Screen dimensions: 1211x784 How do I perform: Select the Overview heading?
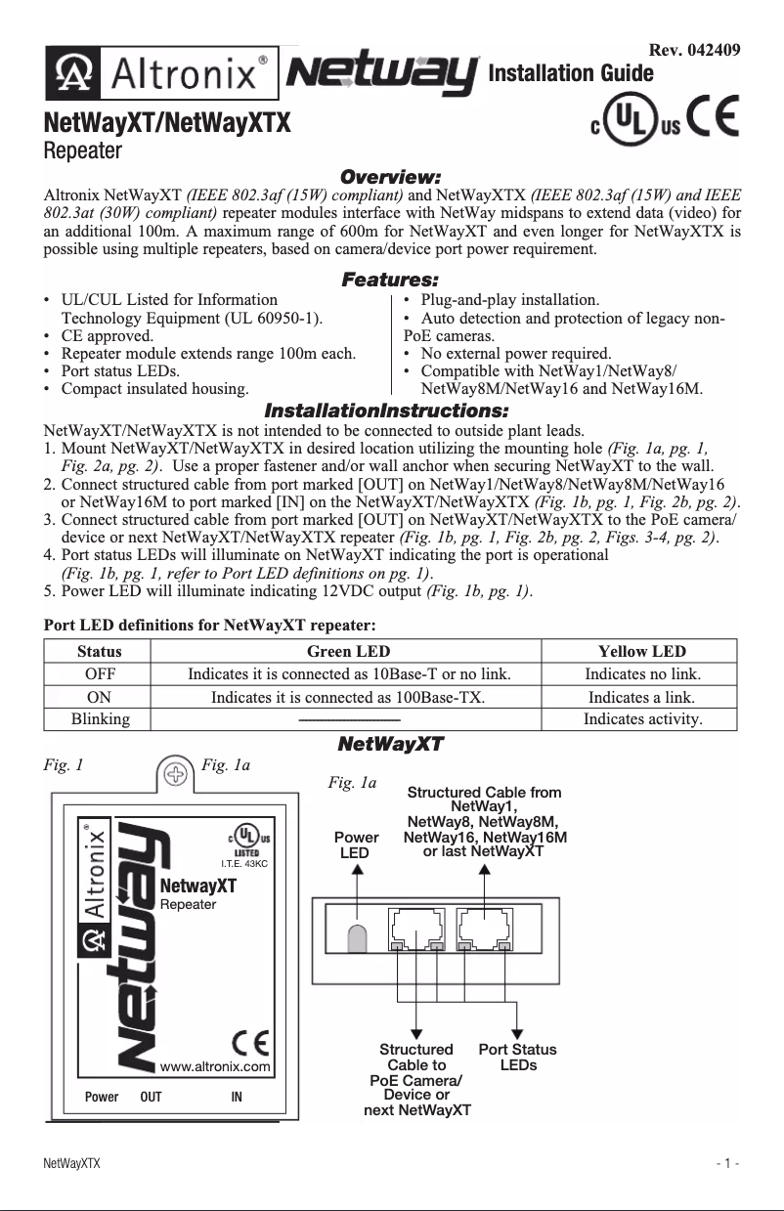[x=390, y=177]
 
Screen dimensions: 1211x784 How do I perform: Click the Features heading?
[x=390, y=281]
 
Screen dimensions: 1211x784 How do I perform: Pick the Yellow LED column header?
[x=641, y=651]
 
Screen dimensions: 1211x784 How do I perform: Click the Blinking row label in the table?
[x=99, y=719]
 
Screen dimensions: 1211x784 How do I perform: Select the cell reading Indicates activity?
[x=641, y=719]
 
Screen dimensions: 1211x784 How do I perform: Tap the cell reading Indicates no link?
[x=641, y=674]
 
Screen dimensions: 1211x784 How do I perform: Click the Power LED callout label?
[x=356, y=844]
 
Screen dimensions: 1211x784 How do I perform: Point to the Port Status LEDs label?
[x=517, y=1057]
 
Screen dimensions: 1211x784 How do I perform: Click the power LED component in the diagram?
[x=358, y=935]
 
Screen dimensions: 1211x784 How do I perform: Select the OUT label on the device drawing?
[x=151, y=1098]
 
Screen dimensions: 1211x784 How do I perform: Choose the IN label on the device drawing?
[x=237, y=1098]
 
